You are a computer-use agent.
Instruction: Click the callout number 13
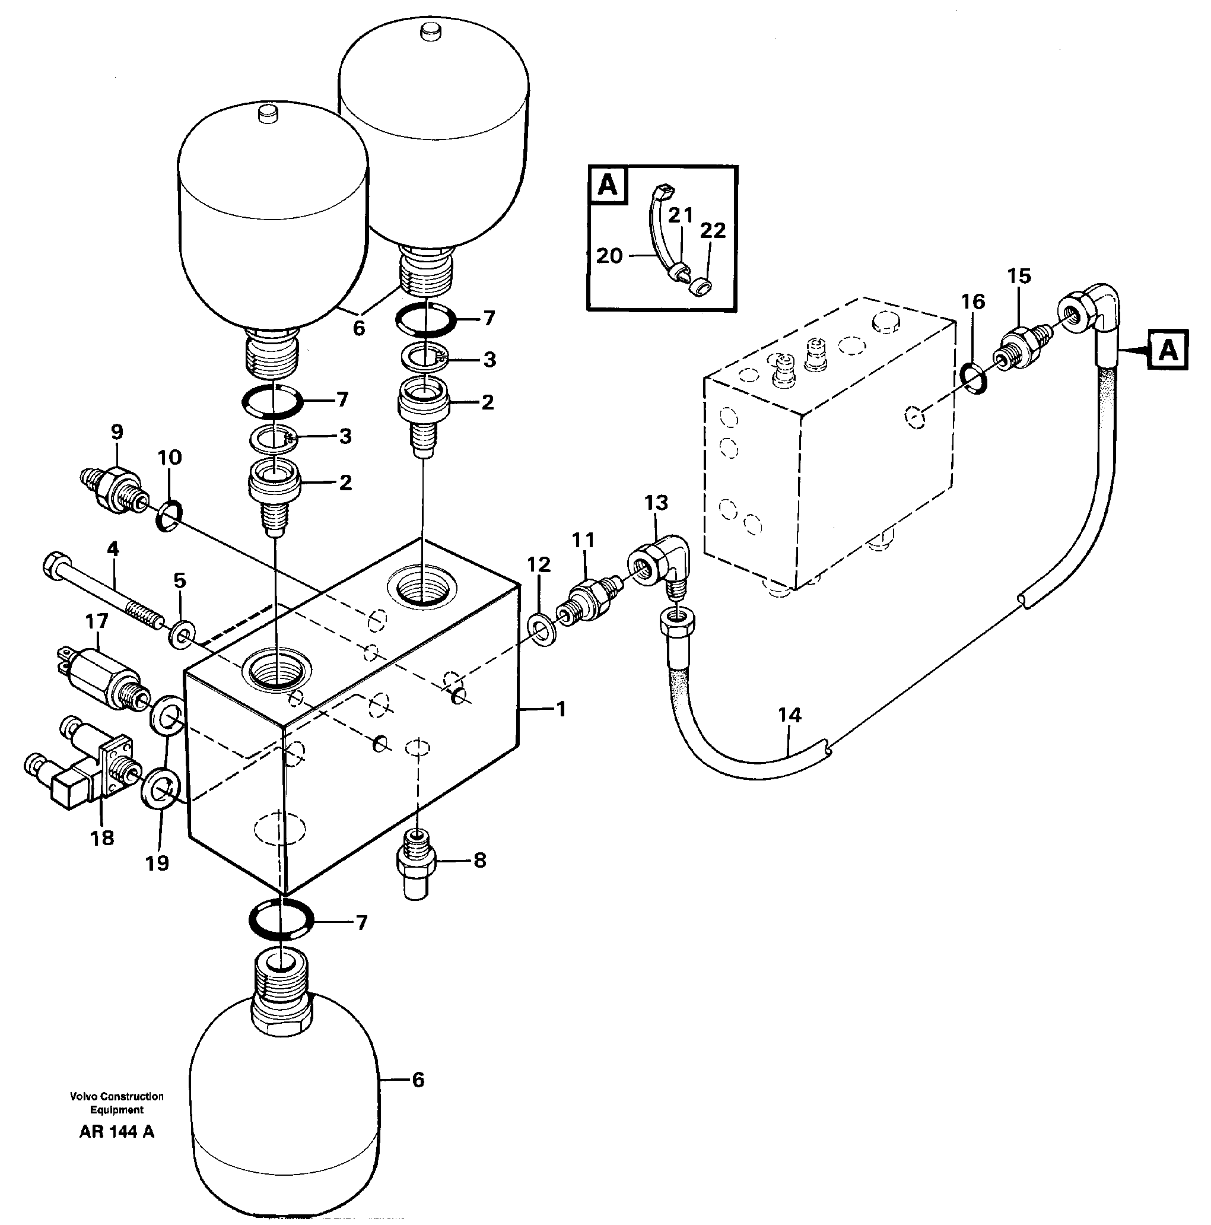pyautogui.click(x=656, y=503)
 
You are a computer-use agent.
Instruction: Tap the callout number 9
pyautogui.click(x=117, y=432)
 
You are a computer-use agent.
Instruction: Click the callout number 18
pyautogui.click(x=102, y=837)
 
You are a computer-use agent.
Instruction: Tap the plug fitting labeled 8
pyautogui.click(x=416, y=862)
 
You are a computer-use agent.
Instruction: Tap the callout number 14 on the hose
pyautogui.click(x=790, y=715)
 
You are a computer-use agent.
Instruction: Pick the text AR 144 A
pyautogui.click(x=117, y=1132)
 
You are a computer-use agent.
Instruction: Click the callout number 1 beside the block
pyautogui.click(x=560, y=709)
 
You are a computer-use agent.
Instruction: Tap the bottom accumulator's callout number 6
pyautogui.click(x=418, y=1080)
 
